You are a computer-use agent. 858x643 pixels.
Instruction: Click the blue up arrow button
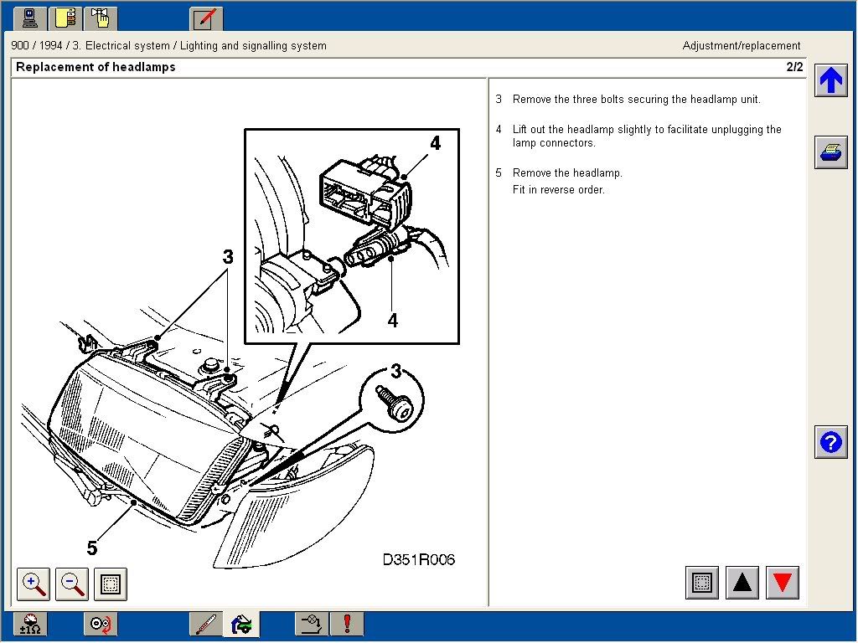[830, 80]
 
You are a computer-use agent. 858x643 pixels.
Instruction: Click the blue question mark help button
[830, 442]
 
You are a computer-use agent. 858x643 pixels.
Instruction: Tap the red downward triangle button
[783, 583]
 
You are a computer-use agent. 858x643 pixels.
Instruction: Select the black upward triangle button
[742, 583]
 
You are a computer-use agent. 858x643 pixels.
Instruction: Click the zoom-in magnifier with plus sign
[34, 584]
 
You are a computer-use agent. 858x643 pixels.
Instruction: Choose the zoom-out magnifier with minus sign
[72, 584]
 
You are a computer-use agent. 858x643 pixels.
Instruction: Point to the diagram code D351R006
[418, 559]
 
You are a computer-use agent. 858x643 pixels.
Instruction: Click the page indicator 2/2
[793, 67]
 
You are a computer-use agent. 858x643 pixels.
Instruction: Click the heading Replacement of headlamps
[96, 67]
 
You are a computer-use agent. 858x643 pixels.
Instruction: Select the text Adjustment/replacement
[741, 46]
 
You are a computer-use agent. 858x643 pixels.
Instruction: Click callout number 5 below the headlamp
[92, 548]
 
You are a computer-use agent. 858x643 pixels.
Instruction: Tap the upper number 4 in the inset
[435, 144]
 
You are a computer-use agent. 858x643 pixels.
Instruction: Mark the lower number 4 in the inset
[392, 320]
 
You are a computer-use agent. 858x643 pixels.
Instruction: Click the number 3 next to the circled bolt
[396, 372]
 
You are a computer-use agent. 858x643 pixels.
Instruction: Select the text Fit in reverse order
[558, 190]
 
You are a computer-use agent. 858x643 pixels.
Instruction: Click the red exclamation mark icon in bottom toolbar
[346, 624]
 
